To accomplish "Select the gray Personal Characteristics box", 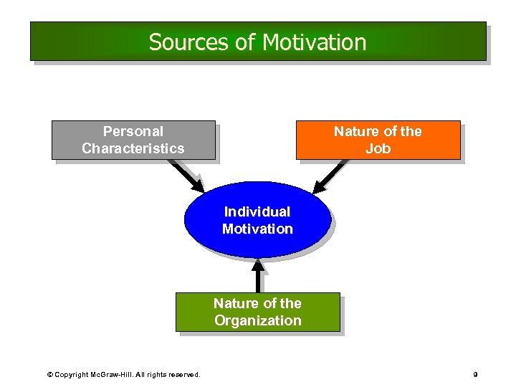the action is [x=133, y=140].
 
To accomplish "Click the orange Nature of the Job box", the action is [x=378, y=140].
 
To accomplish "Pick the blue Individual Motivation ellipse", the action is [x=257, y=220].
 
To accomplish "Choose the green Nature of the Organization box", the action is [x=257, y=312].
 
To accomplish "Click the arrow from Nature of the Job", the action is [x=329, y=176].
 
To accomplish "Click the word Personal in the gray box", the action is [x=133, y=131].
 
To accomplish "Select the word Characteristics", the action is [x=133, y=148].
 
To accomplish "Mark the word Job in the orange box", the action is [x=378, y=148].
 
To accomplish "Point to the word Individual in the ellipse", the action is [x=257, y=211].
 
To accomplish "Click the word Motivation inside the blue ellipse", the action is [x=257, y=229].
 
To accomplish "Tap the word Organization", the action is [x=257, y=320].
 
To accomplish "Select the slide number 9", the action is [x=475, y=374].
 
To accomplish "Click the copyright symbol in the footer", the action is [x=49, y=374].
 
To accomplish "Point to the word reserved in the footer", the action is [x=183, y=374].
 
